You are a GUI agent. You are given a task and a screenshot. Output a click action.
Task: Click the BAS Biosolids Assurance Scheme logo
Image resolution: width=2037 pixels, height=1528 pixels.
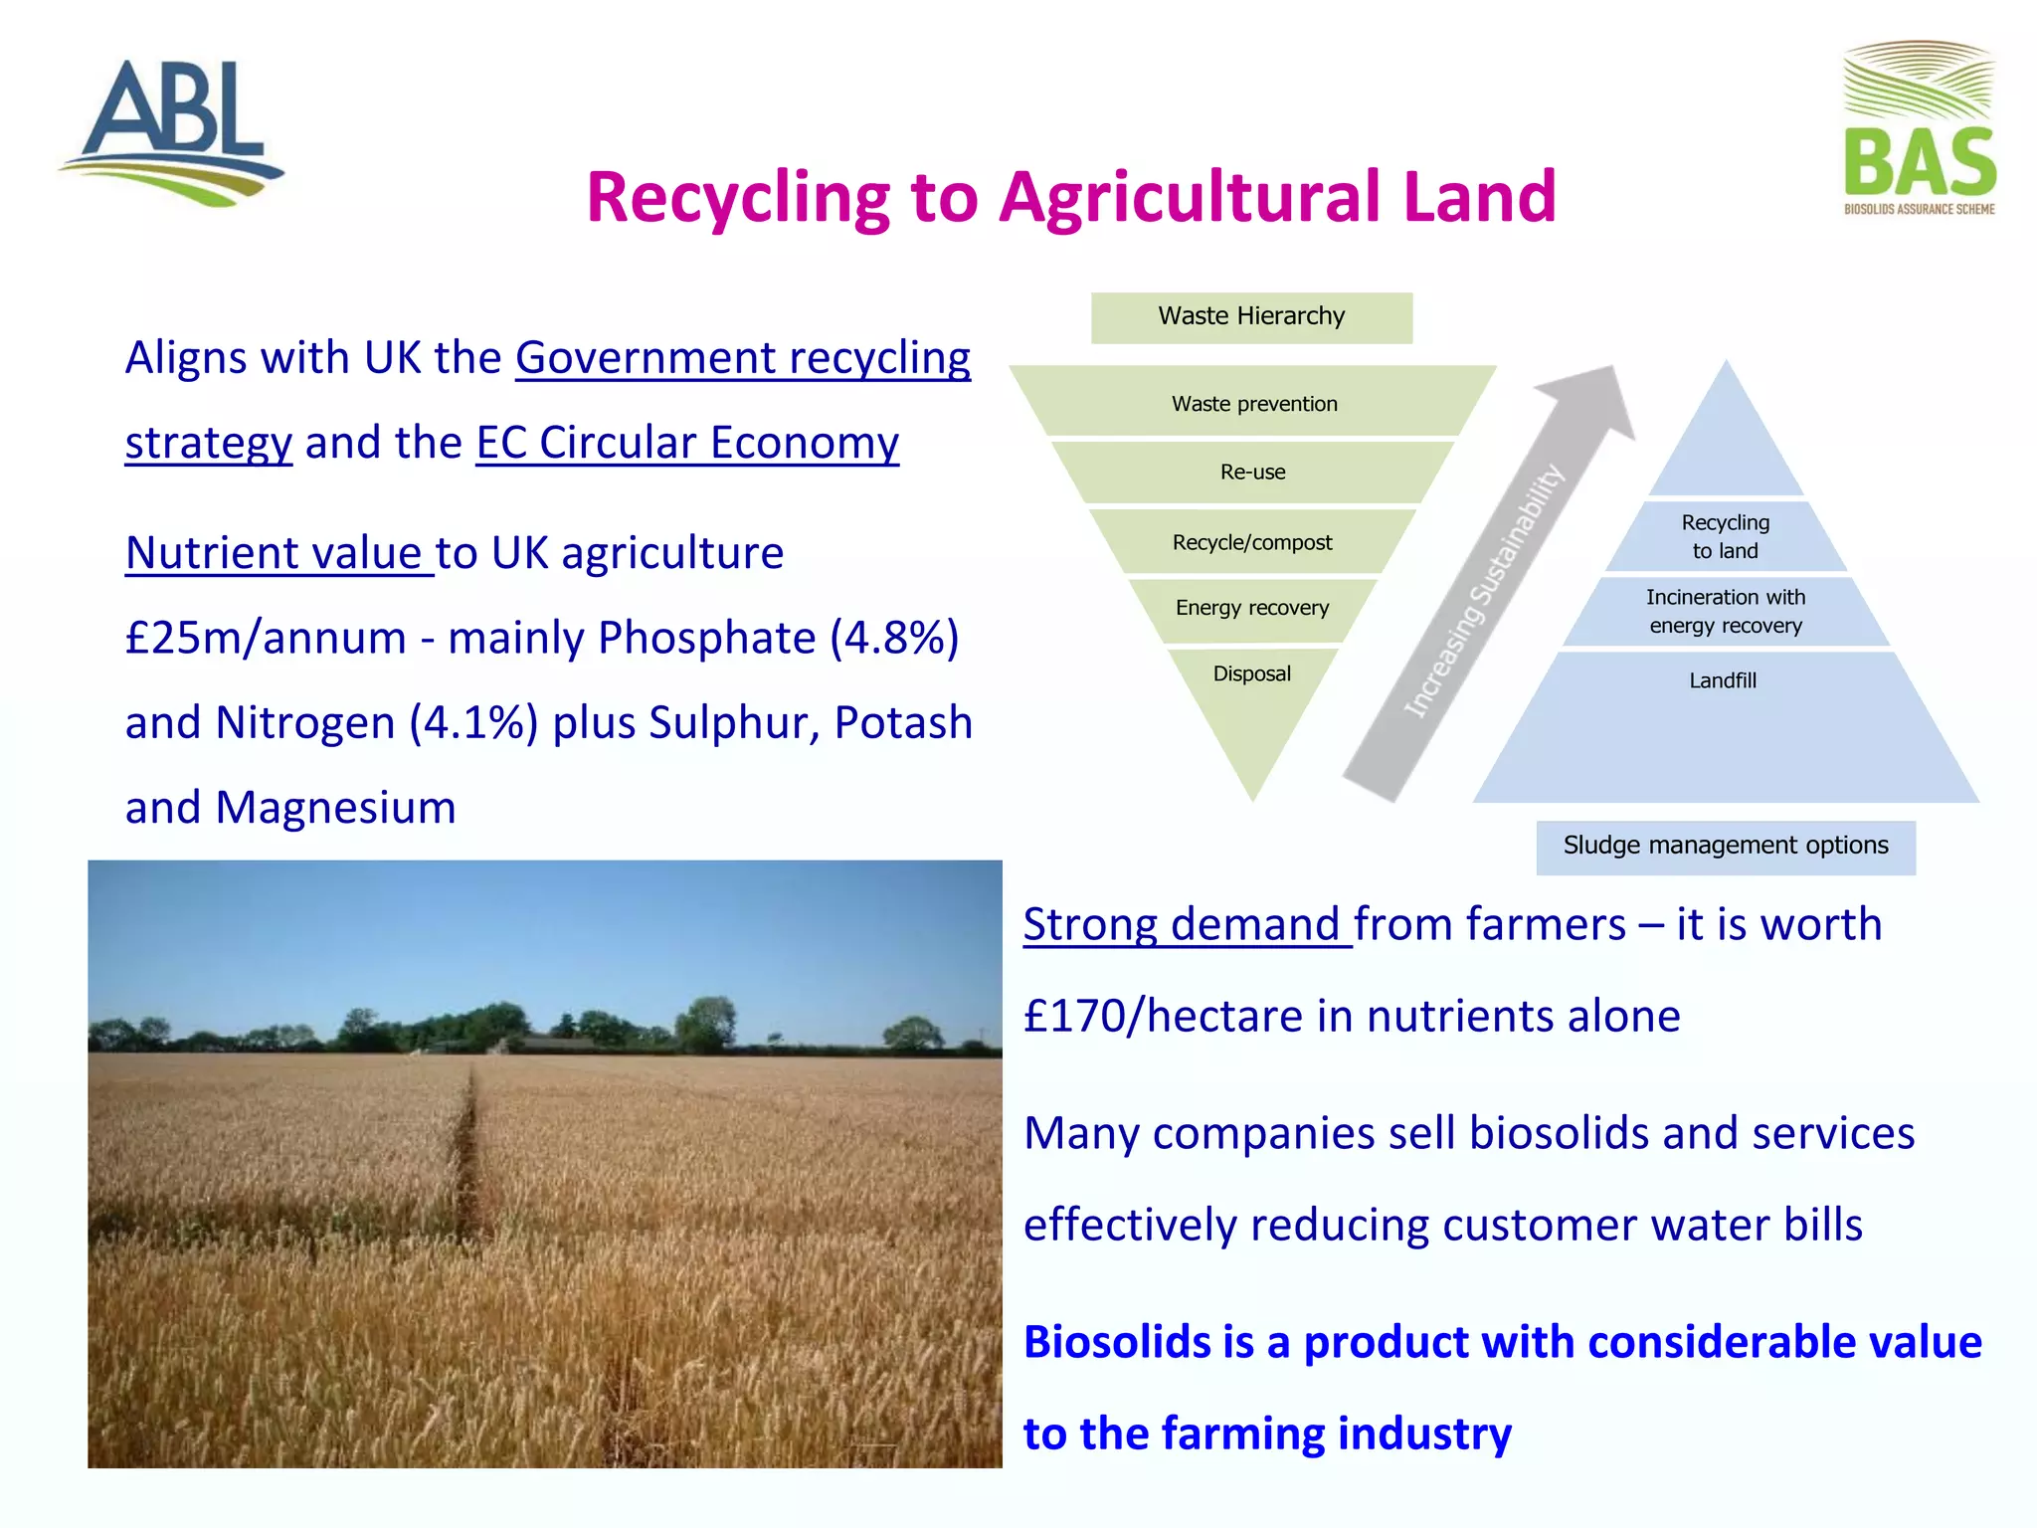1919,129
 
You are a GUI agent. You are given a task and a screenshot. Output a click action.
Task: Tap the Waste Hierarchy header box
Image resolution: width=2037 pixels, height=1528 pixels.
1251,317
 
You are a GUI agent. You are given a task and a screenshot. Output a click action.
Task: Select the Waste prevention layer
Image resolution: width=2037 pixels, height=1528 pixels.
1253,404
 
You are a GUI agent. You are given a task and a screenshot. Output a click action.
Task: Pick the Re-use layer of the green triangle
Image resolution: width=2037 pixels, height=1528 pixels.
1252,473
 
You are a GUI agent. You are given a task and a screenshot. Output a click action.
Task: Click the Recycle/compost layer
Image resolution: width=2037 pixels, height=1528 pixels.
1251,543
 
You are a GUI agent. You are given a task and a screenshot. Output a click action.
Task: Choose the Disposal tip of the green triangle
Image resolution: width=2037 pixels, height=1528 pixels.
1251,696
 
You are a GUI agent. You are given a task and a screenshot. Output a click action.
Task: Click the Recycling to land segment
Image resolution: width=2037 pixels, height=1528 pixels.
1725,537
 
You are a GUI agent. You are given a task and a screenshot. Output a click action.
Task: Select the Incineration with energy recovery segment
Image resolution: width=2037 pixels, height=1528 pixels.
1725,612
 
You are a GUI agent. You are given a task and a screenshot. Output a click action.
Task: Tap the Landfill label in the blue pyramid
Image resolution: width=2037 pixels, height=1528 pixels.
1723,681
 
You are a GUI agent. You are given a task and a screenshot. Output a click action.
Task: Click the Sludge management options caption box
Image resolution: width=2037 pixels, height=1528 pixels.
1725,847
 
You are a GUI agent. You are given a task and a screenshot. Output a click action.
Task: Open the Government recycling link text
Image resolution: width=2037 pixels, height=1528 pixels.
742,358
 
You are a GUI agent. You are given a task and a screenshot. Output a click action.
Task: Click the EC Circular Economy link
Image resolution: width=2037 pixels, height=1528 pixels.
686,444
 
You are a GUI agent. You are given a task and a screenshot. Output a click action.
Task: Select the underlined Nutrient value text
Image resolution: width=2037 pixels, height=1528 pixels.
278,554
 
